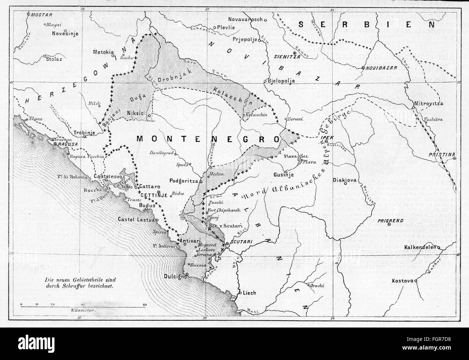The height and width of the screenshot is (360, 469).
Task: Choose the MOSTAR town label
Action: (42, 15)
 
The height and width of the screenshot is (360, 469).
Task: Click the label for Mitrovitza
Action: (433, 104)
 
